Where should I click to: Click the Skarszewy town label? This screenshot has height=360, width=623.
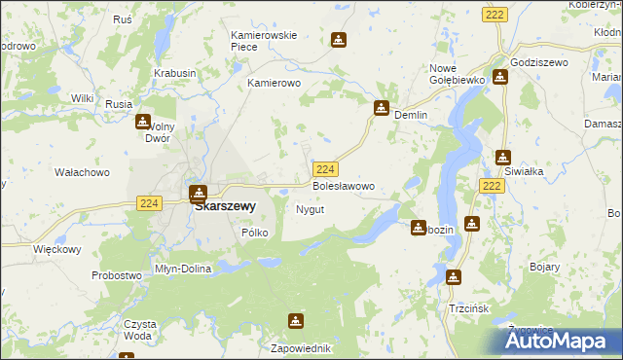click(x=225, y=206)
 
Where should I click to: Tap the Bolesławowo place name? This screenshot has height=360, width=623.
click(x=342, y=185)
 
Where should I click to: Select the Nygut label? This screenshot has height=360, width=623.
click(x=309, y=209)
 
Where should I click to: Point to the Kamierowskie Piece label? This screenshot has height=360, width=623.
click(x=263, y=41)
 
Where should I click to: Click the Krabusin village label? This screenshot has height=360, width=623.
click(x=174, y=73)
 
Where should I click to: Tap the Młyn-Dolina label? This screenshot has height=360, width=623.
click(x=183, y=269)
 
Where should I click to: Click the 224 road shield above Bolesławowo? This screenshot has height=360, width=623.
click(x=326, y=168)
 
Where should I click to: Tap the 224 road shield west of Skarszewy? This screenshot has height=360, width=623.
click(x=148, y=202)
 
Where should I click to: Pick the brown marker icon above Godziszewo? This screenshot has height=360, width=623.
click(x=500, y=78)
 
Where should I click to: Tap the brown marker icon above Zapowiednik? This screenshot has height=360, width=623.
click(x=296, y=321)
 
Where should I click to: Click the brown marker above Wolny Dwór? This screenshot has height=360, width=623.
click(x=143, y=122)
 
